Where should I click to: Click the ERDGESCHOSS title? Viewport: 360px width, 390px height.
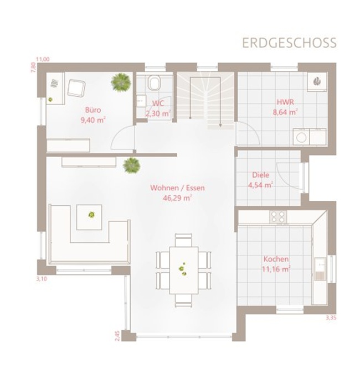click(289, 43)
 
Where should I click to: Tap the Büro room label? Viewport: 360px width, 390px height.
click(93, 110)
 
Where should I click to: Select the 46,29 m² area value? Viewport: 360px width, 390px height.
click(177, 198)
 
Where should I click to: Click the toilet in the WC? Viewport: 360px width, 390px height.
click(155, 83)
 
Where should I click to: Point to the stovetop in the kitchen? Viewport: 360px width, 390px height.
click(278, 217)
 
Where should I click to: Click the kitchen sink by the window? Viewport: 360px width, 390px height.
click(320, 269)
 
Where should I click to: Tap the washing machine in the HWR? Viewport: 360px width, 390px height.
click(301, 137)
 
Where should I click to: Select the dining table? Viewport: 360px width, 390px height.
click(184, 271)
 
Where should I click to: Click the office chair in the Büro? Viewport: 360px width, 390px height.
click(76, 87)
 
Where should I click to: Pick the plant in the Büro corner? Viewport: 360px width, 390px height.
click(121, 82)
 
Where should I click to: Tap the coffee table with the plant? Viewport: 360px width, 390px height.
click(89, 217)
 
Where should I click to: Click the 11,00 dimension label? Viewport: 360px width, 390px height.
click(43, 59)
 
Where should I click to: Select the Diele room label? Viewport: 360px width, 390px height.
click(261, 175)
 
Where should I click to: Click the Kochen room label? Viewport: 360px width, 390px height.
click(276, 259)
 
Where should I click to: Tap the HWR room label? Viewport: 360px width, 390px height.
click(285, 102)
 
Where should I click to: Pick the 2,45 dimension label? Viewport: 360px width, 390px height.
click(117, 336)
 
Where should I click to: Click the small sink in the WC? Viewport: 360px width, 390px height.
click(141, 101)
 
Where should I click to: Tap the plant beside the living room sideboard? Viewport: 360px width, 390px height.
click(131, 165)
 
